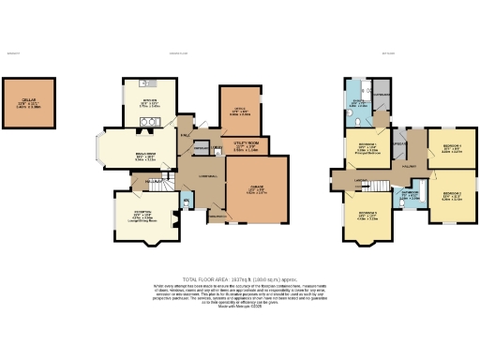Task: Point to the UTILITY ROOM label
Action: (x=245, y=142)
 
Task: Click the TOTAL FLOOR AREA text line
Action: (x=239, y=279)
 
